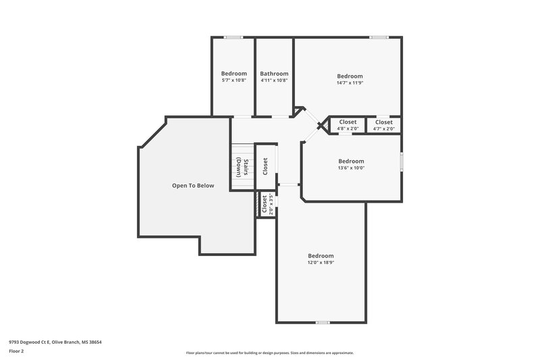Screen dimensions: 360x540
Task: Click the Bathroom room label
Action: (x=274, y=74)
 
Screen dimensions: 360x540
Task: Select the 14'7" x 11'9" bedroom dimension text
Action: (x=350, y=84)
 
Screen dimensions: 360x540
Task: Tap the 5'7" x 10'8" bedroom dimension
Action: (x=234, y=80)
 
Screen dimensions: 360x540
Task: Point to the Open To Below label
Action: (x=192, y=185)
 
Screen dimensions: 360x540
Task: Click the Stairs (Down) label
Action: (x=247, y=167)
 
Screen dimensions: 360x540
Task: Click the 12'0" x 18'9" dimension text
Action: (x=321, y=263)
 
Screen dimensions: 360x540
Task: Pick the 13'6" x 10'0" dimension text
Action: (x=351, y=168)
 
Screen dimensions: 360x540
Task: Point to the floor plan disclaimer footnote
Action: (x=270, y=353)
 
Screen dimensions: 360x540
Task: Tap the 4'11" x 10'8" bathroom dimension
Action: (x=274, y=80)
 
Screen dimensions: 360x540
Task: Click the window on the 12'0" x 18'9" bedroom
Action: (x=322, y=322)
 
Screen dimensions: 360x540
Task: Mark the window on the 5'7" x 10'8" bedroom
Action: (x=233, y=37)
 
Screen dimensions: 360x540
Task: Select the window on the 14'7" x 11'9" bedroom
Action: (x=379, y=37)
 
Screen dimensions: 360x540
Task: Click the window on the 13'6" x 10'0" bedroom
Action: (x=400, y=161)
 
